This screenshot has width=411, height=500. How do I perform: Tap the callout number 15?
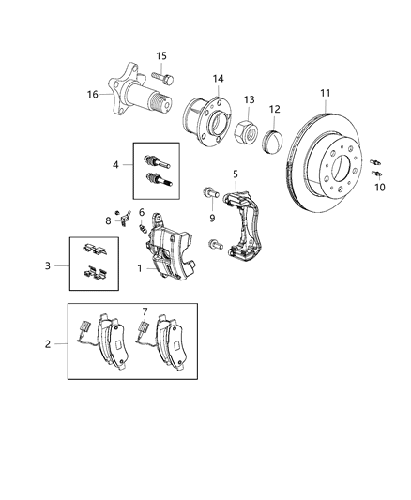pyautogui.click(x=161, y=55)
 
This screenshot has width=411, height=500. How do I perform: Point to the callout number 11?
pyautogui.click(x=325, y=94)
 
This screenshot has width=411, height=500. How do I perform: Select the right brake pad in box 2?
pyautogui.click(x=174, y=341)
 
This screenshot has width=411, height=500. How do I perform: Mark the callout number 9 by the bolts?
pyautogui.click(x=213, y=219)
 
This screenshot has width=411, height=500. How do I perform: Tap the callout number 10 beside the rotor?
pyautogui.click(x=379, y=188)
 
